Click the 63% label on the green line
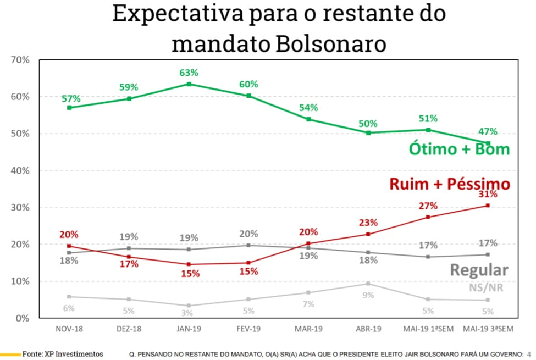(x=189, y=73)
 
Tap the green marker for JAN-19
(x=189, y=84)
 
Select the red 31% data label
(x=487, y=194)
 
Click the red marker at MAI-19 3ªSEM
(x=487, y=206)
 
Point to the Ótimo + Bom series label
(x=459, y=149)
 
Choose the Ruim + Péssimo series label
(x=450, y=184)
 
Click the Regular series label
(x=479, y=270)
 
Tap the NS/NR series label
(x=487, y=287)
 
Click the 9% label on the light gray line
(x=368, y=295)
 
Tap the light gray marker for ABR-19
(x=368, y=284)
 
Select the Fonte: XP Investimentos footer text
(x=62, y=354)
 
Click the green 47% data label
(x=487, y=131)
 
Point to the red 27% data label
(x=428, y=206)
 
